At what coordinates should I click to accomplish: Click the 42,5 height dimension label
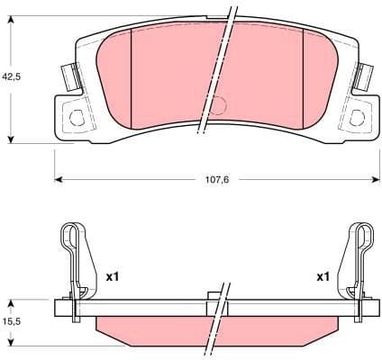point(12,77)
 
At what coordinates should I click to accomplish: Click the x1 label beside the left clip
point(113,276)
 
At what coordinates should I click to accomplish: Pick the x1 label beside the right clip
point(323,276)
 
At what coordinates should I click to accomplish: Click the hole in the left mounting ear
point(76,114)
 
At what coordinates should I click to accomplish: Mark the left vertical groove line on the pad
point(132,76)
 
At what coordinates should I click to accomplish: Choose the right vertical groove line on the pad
point(304,76)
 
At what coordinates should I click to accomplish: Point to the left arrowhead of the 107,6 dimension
point(59,179)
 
